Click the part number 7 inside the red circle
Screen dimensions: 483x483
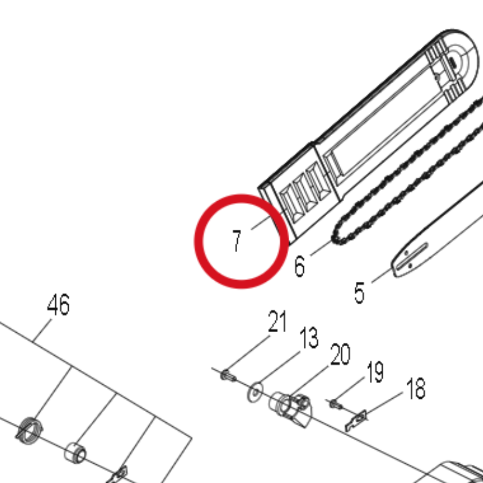point(236,241)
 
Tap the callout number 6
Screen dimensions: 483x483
point(299,266)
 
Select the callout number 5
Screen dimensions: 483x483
point(359,293)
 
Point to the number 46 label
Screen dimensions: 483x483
point(58,304)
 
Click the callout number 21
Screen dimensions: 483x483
point(277,321)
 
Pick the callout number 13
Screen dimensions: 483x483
point(309,338)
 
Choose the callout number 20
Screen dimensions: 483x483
point(340,354)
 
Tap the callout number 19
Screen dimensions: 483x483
point(375,372)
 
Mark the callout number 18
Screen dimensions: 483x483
point(416,389)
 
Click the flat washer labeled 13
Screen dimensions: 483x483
point(255,392)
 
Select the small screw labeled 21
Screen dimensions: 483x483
point(228,376)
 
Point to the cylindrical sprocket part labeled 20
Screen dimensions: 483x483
point(290,409)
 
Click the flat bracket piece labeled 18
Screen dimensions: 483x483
point(356,420)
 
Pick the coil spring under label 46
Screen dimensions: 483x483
point(29,430)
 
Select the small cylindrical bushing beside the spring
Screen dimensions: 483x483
point(75,453)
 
